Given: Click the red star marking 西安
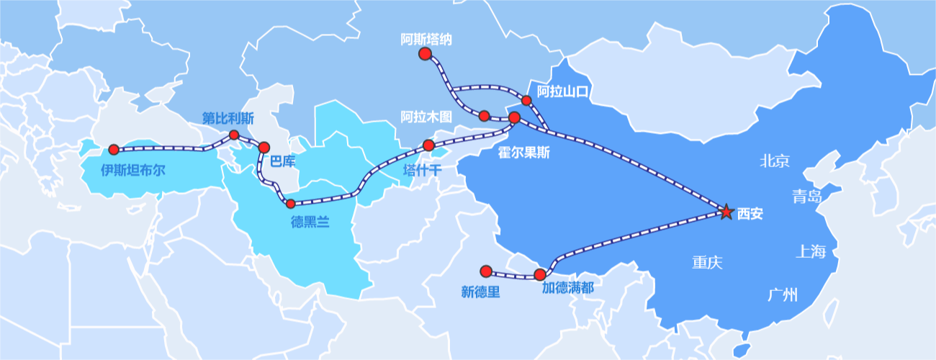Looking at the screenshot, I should point(726,212).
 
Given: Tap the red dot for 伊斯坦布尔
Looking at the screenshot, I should point(113,150).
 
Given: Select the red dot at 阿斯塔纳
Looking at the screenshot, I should point(425,54).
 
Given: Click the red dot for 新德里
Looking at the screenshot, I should point(486,271).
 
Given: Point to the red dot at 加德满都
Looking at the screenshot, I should point(540,274).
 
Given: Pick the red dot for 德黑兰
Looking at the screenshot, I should point(291,204).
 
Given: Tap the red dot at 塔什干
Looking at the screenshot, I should point(428,145).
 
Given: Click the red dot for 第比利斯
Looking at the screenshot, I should point(233,135).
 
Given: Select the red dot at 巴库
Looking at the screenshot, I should point(264,147).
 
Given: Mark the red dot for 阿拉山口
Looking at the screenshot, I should point(526,100).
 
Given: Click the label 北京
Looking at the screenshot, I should point(775,161).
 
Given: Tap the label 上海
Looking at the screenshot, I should point(811,251).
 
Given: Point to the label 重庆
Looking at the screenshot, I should point(707,262).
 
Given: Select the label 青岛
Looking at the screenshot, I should point(806,197).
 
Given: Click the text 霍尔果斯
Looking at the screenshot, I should point(523,153).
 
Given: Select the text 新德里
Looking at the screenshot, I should point(480,292).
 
